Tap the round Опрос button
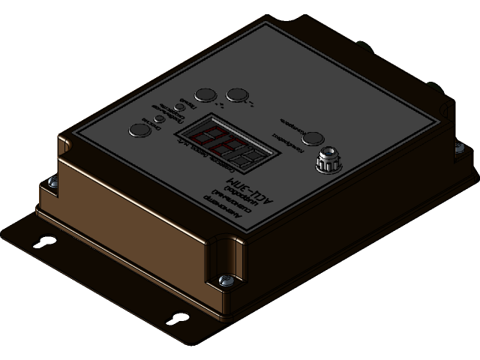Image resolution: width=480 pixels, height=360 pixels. (x=139, y=130)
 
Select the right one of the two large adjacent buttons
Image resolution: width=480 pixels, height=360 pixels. (x=237, y=94)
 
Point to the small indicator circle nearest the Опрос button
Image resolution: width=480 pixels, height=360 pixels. (x=160, y=118)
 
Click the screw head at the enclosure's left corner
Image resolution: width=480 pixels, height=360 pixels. (x=50, y=181)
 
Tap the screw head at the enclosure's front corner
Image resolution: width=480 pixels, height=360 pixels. (x=223, y=280)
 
